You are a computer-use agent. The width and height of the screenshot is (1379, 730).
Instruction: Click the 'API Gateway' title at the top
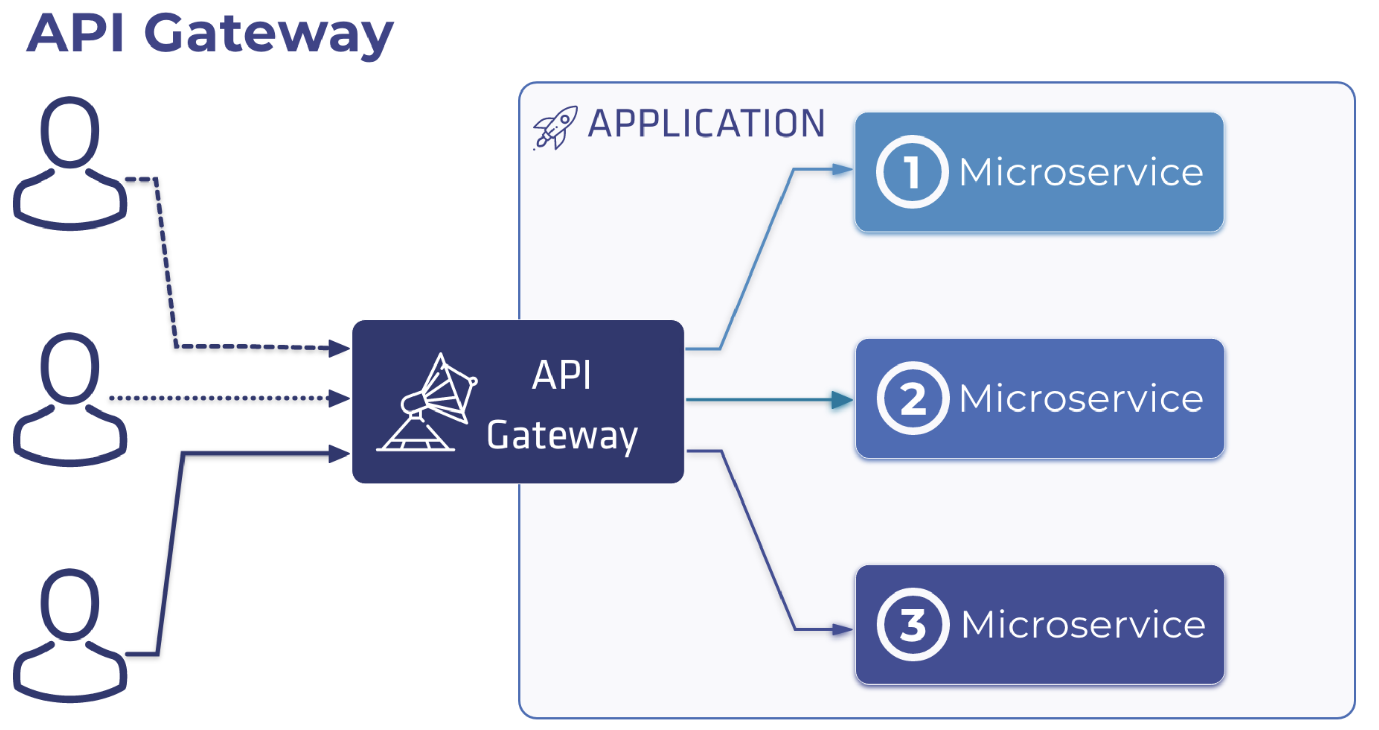point(210,35)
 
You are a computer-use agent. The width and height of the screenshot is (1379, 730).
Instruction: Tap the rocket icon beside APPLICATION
point(555,127)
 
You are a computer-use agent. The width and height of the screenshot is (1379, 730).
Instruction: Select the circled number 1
point(912,172)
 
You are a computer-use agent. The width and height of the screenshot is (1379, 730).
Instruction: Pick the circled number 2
point(913,398)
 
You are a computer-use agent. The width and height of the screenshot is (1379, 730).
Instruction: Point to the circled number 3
point(913,624)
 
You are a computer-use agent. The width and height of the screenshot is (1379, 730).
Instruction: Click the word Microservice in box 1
point(1081,172)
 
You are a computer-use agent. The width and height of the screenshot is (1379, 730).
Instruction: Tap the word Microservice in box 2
point(1081,398)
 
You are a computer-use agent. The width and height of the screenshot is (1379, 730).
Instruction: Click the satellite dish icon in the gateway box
point(427,402)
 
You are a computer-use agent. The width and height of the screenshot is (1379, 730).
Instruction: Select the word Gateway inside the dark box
point(562,436)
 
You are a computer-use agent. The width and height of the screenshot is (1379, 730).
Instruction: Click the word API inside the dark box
point(562,375)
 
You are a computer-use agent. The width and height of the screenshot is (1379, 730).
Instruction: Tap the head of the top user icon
point(70,132)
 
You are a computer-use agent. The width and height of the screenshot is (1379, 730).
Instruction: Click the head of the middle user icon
point(70,368)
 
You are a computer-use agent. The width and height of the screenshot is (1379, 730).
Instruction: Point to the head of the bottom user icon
point(70,605)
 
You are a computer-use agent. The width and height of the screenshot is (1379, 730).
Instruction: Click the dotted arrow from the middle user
point(229,398)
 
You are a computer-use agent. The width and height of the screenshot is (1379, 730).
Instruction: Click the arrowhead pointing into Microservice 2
point(842,400)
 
